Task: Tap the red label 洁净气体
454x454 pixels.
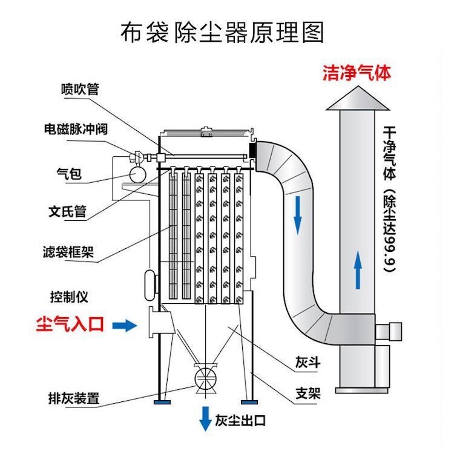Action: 356,73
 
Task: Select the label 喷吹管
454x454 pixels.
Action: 79,89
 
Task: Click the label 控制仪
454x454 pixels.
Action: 70,297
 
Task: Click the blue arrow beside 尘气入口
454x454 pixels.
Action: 125,326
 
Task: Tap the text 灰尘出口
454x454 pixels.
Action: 241,421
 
